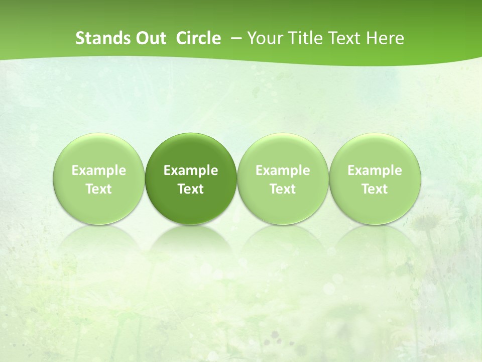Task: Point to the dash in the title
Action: point(234,38)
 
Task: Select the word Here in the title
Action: point(385,38)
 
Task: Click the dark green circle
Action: point(191,151)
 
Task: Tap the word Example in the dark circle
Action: point(191,170)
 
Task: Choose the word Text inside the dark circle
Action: point(191,189)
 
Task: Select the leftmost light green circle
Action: point(99,151)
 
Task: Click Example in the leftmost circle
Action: point(99,170)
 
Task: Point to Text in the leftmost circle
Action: point(99,189)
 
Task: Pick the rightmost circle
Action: point(375,151)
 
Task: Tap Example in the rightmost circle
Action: point(375,170)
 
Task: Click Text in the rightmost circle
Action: point(375,189)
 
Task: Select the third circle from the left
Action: point(283,151)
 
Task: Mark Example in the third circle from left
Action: point(283,170)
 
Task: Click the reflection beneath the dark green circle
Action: point(191,241)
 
